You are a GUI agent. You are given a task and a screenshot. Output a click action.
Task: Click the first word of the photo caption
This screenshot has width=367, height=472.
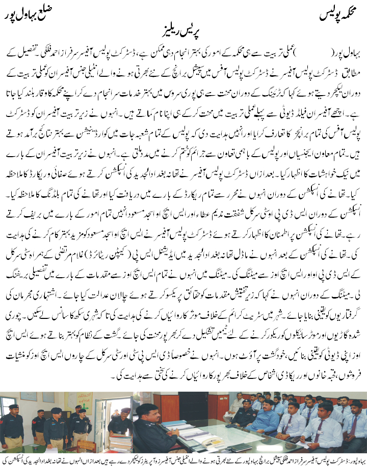[x=355, y=461]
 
